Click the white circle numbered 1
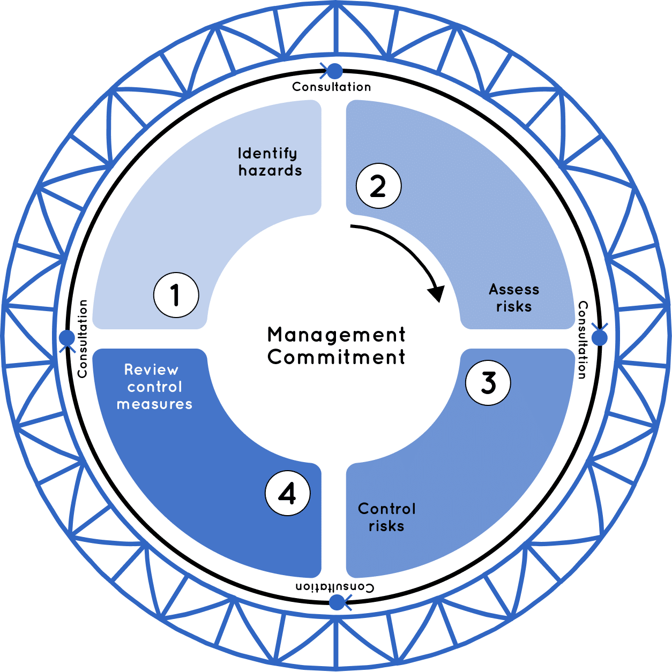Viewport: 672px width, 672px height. point(176,295)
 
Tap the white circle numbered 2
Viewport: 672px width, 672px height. point(378,186)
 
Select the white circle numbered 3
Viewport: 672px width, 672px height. point(488,382)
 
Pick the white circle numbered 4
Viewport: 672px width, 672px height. point(288,493)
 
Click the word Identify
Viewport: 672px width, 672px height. point(267,154)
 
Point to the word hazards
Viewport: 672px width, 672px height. point(270,171)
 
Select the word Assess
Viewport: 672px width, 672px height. point(514,290)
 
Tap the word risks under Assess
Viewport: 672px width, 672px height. point(514,307)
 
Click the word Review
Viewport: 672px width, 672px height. point(151,370)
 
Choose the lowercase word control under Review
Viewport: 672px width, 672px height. point(155,387)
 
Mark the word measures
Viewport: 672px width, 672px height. point(154,404)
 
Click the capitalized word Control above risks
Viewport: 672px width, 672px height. point(386,509)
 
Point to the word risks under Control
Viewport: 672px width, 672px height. point(386,526)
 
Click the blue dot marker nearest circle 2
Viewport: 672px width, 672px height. point(335,71)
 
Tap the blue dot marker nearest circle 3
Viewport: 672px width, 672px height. point(600,338)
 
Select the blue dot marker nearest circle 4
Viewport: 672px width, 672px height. point(337,602)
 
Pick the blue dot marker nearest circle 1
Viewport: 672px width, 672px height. point(67,338)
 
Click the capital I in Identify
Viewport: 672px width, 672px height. point(240,154)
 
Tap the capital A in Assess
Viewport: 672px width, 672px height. point(494,290)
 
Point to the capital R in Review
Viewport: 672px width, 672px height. point(129,370)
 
